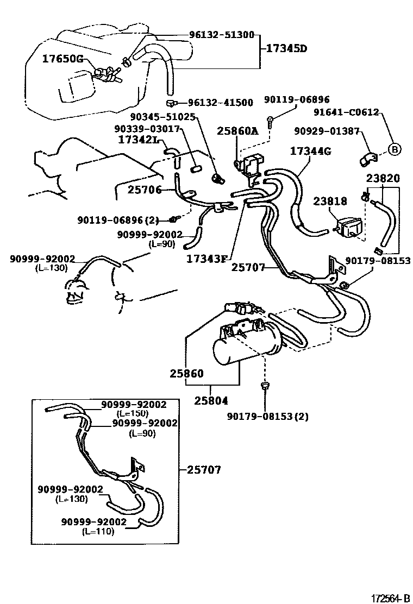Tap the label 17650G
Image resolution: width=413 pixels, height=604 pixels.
coord(63,59)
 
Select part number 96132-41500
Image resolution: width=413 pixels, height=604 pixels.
coord(221,102)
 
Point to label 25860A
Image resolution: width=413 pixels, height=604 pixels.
coord(237,131)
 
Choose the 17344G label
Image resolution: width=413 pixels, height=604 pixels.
coord(310,151)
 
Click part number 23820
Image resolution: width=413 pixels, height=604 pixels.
coord(383,178)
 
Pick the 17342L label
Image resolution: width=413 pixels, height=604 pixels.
coord(138,139)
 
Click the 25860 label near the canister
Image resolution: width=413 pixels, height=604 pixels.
coord(186,374)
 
